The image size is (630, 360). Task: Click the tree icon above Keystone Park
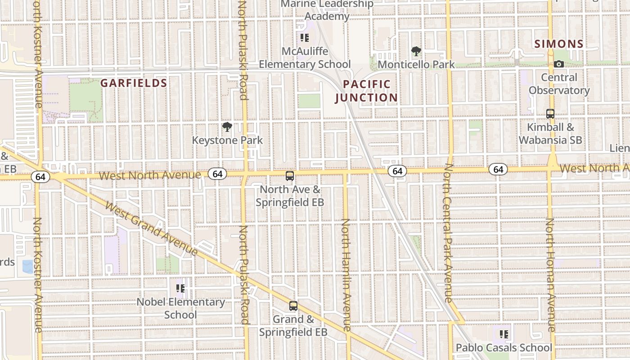click(227, 127)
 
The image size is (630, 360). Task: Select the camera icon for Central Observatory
click(559, 64)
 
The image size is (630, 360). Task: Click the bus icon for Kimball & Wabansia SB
click(550, 114)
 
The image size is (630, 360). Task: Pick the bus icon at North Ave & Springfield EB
click(290, 176)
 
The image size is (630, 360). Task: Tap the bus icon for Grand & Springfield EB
click(293, 306)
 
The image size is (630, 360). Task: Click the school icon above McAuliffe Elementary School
click(305, 38)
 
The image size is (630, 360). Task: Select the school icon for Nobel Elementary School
click(180, 288)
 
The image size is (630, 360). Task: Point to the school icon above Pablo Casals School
click(504, 334)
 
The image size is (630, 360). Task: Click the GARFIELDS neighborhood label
click(134, 83)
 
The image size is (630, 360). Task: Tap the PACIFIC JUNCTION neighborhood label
click(367, 91)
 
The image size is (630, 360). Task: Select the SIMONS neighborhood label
click(559, 44)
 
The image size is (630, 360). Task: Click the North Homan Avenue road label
click(550, 274)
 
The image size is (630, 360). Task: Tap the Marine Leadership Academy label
click(327, 10)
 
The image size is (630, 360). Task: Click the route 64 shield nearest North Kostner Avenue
click(40, 177)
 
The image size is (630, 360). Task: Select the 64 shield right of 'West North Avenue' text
click(217, 174)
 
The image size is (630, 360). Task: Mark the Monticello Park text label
click(416, 65)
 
